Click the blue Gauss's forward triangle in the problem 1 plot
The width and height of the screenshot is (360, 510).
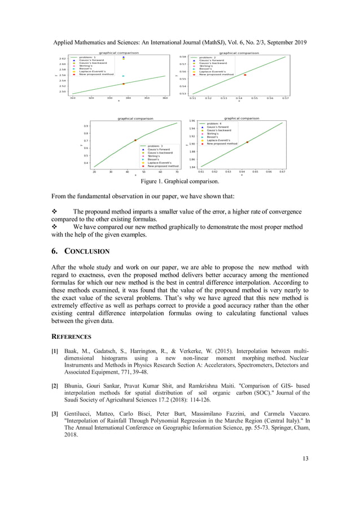[124, 57]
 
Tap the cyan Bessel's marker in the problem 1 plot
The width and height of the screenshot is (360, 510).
[124, 75]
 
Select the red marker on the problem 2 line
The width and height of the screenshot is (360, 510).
[245, 75]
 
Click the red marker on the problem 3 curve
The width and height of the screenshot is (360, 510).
[135, 140]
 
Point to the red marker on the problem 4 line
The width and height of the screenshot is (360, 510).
[247, 142]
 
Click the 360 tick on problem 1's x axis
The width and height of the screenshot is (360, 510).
[165, 98]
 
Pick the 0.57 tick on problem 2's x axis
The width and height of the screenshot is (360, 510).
[286, 98]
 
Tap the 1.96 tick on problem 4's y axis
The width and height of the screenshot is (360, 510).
[192, 121]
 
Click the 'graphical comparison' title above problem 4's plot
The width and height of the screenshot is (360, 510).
[242, 119]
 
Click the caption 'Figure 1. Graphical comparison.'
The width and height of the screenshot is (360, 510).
[180, 181]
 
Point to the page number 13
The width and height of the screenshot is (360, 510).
[305, 458]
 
